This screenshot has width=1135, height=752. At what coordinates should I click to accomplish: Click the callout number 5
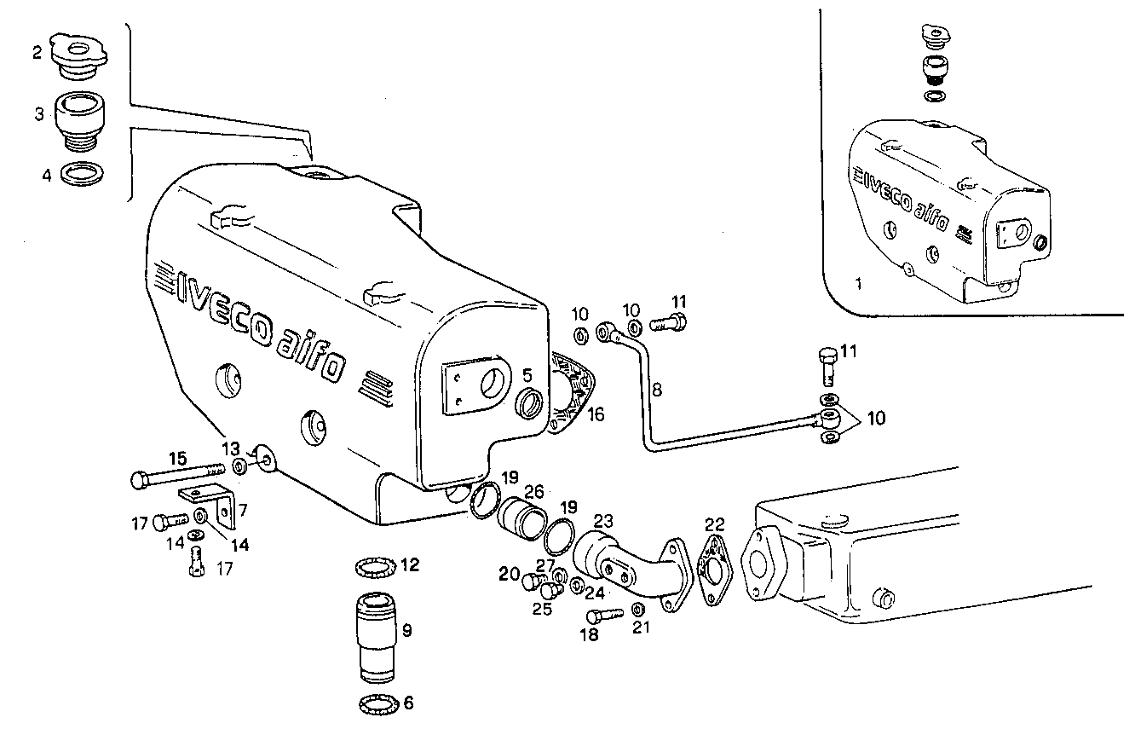[x=527, y=374]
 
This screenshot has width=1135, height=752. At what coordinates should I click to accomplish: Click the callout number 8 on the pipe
[x=655, y=391]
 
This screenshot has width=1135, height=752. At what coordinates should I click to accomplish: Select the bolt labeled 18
[x=601, y=615]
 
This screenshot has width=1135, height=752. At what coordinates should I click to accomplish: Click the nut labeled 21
[x=638, y=609]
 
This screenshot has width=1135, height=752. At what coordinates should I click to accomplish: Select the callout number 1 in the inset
[x=859, y=284]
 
